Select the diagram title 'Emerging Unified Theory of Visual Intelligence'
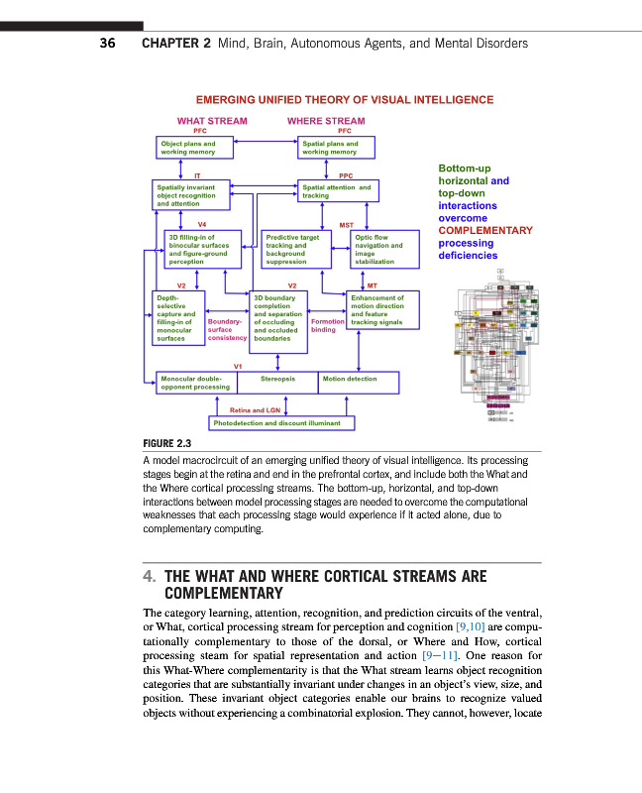click(345, 100)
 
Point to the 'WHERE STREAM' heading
click(326, 121)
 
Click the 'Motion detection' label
click(350, 379)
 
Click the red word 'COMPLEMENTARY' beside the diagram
click(485, 230)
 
